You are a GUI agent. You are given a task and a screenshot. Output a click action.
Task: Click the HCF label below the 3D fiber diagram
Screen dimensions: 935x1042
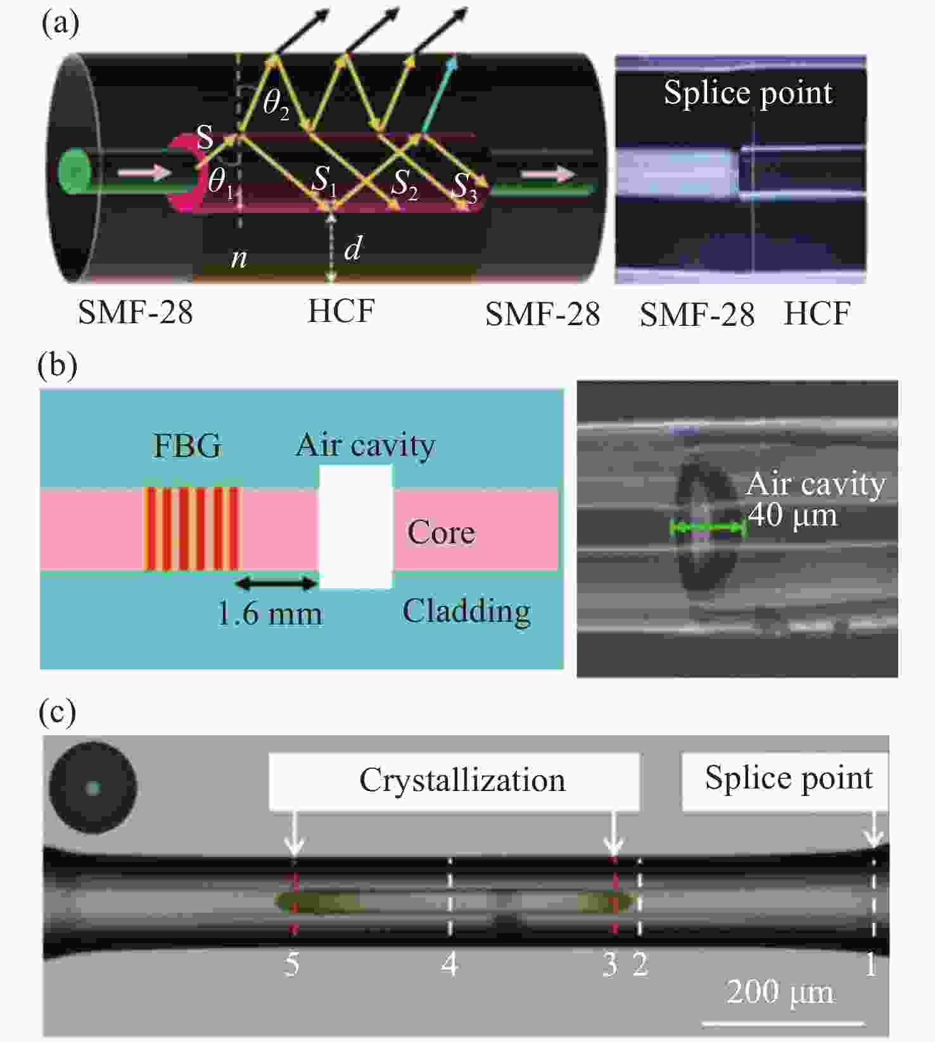[341, 311]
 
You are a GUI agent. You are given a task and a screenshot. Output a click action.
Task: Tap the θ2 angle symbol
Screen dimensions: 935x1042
[276, 103]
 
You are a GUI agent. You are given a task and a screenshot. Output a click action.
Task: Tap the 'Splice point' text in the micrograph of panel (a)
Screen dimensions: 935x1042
[747, 94]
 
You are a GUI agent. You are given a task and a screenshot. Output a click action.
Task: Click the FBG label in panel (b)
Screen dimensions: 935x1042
[188, 446]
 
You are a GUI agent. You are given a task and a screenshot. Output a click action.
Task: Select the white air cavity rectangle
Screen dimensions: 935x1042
[356, 527]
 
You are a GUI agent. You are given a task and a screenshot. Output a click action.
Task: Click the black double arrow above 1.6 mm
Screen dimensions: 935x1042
[276, 582]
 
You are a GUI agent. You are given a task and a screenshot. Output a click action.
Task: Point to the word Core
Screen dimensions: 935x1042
[441, 532]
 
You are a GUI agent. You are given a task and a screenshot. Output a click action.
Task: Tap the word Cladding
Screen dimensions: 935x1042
[466, 612]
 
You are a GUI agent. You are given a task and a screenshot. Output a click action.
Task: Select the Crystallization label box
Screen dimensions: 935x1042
[454, 781]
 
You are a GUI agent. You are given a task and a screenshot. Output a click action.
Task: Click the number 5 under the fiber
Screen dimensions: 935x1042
[291, 964]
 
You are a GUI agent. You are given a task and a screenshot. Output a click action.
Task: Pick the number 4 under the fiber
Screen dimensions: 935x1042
[450, 964]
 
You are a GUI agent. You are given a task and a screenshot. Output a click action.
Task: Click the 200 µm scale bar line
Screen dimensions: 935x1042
[783, 1023]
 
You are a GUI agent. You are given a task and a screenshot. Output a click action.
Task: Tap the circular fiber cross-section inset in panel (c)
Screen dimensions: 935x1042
[93, 788]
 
